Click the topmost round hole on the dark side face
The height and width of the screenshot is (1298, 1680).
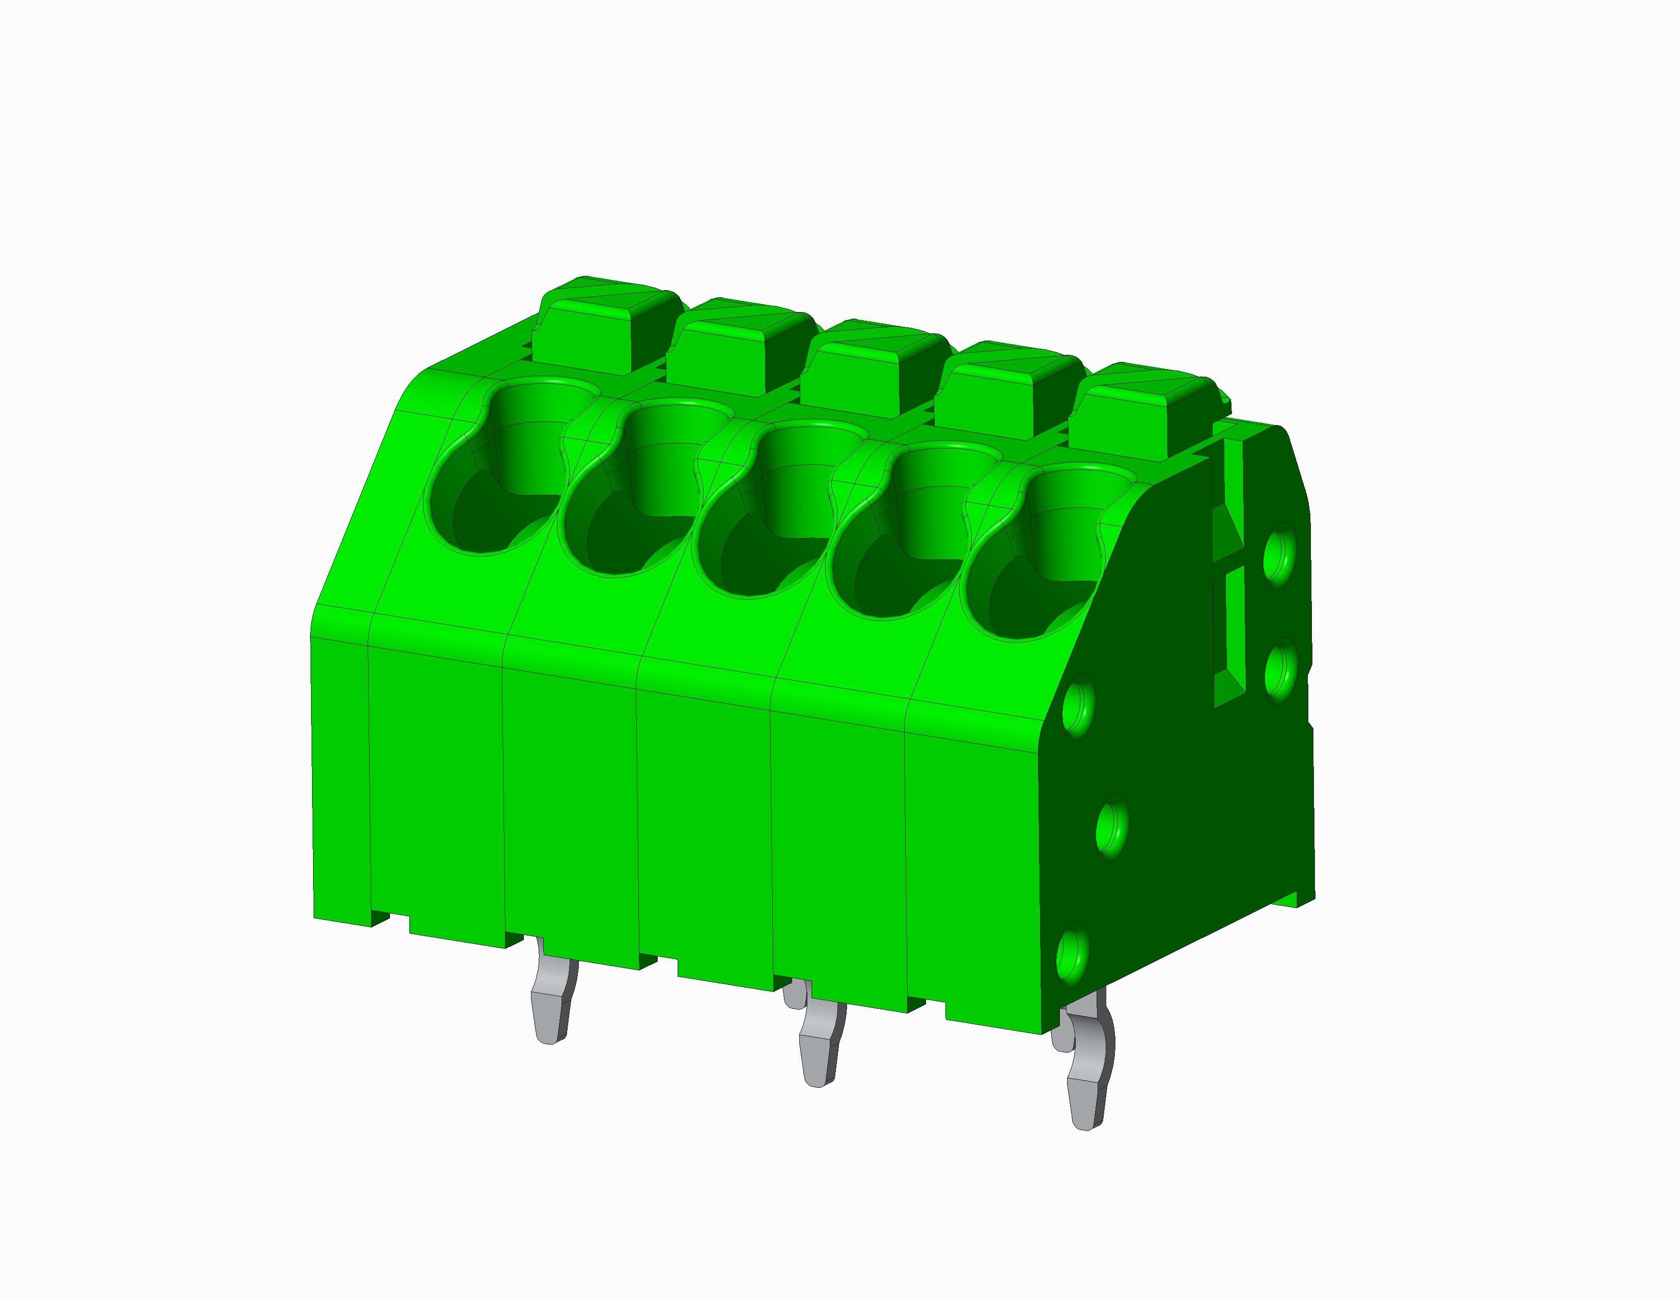(1278, 553)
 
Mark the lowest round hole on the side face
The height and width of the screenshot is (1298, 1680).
(1073, 956)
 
